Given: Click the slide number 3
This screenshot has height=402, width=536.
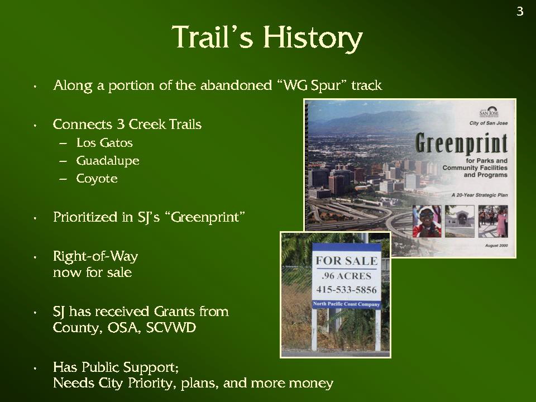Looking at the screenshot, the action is tap(520, 12).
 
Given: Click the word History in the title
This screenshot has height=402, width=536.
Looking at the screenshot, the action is tap(313, 37).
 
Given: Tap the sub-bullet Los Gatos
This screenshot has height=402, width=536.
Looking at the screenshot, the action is tap(104, 142).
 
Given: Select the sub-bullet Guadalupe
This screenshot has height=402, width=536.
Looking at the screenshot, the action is tap(108, 161).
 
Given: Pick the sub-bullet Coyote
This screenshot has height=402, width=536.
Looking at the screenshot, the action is tap(97, 179).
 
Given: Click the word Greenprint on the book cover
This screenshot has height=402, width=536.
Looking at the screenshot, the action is tap(462, 143).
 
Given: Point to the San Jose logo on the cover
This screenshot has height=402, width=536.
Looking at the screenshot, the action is tap(489, 112).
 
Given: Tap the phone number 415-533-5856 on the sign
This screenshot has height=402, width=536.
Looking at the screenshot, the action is tap(346, 290).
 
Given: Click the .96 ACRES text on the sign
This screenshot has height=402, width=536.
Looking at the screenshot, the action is tap(346, 276).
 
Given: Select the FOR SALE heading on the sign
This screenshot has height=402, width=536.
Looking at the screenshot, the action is tap(347, 261).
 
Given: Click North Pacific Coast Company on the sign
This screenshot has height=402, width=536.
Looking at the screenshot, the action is tap(346, 304).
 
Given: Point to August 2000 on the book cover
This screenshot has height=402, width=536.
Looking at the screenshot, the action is tap(496, 246).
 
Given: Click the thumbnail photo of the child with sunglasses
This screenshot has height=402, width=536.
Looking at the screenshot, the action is tap(427, 221).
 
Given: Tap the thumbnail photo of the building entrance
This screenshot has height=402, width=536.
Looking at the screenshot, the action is tap(460, 221).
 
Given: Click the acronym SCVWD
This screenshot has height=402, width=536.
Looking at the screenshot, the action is tap(171, 328).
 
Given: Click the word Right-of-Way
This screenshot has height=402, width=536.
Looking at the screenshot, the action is tap(95, 256).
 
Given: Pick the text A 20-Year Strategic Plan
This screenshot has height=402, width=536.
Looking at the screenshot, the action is tap(480, 195).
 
